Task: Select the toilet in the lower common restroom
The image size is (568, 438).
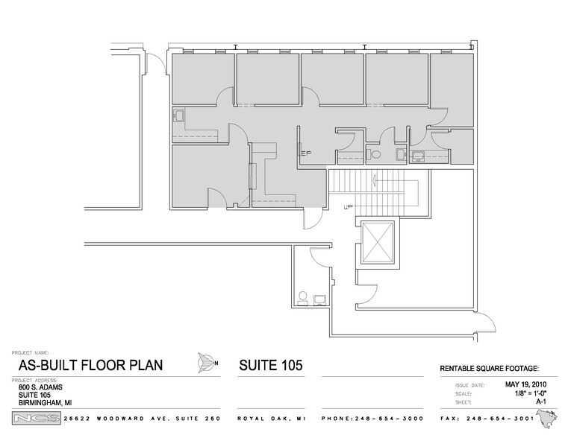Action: point(303,297)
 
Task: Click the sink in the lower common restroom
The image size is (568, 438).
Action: point(320,299)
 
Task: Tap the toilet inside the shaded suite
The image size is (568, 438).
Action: point(377,154)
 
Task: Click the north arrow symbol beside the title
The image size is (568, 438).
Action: point(205,364)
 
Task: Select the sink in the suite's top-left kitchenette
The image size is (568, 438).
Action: point(180,115)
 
